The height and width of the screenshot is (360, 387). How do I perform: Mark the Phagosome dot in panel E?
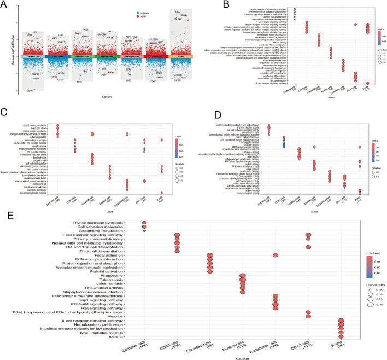(243, 277)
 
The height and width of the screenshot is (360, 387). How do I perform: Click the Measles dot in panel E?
(308, 316)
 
